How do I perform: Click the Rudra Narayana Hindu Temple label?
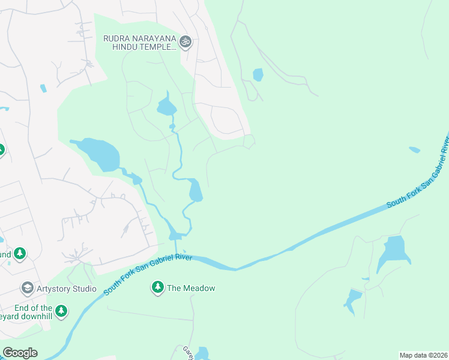(x=139, y=43)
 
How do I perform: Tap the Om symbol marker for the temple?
(x=185, y=42)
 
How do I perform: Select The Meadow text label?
(x=191, y=289)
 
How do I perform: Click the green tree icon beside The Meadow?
(x=158, y=288)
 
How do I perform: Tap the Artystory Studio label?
(x=67, y=289)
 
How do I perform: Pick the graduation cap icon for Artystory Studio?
(x=27, y=289)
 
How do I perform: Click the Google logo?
(x=20, y=353)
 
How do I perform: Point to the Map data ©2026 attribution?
(x=423, y=355)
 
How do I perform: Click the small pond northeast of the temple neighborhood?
(x=258, y=74)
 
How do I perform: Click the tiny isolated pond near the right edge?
(x=414, y=149)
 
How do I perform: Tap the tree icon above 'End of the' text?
(x=61, y=311)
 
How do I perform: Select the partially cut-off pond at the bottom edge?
(x=201, y=353)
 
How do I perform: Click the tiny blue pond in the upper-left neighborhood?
(x=43, y=88)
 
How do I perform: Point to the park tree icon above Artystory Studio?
(x=20, y=254)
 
